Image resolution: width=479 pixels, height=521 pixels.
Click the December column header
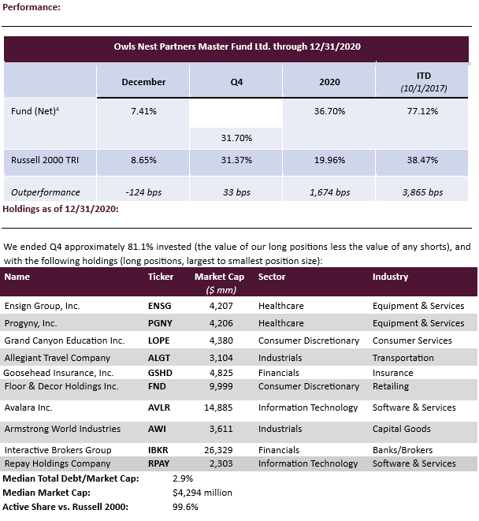click(x=143, y=82)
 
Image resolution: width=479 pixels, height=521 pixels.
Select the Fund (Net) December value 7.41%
click(x=143, y=111)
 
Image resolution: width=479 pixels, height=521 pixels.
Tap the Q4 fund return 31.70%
click(x=236, y=138)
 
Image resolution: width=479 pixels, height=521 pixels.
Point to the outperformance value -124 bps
click(x=143, y=192)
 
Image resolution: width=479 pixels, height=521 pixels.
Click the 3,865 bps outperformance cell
click(x=424, y=192)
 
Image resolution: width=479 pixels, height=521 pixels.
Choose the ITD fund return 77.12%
click(x=424, y=111)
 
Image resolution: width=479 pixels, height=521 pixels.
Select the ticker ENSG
click(x=160, y=306)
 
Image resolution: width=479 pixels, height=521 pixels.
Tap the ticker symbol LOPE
click(x=160, y=341)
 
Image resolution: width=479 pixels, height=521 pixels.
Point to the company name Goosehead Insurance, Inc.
click(x=59, y=372)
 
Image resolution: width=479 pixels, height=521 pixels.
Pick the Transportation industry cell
click(x=403, y=357)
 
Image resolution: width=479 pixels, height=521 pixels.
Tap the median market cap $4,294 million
click(x=202, y=492)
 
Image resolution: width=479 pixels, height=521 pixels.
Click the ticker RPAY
click(x=160, y=463)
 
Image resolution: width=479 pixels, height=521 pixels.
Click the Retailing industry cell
click(x=391, y=386)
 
